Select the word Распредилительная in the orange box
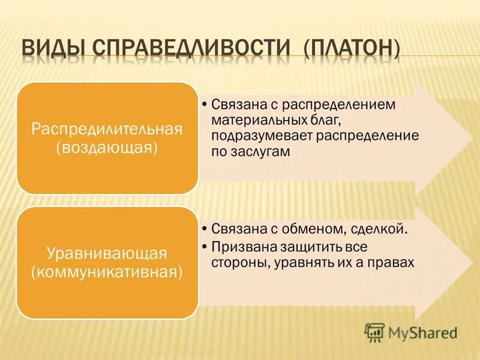tap(107, 130)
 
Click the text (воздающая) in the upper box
tap(107, 148)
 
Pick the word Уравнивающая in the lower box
tap(107, 254)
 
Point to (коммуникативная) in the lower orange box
tap(107, 272)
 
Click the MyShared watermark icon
tap(374, 332)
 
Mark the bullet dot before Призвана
tap(205, 247)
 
